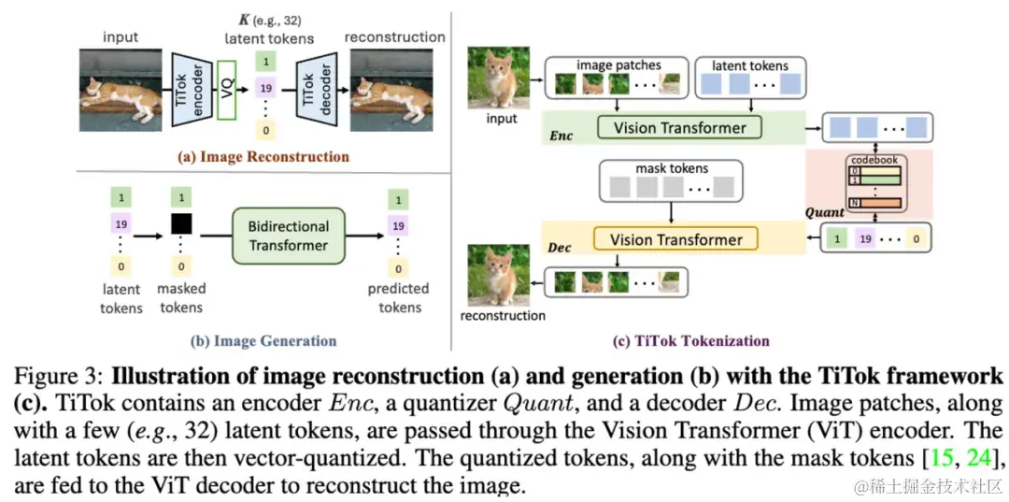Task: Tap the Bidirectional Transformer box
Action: point(288,236)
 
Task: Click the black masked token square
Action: point(181,224)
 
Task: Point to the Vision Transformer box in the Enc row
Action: point(678,128)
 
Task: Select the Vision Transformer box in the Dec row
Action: point(677,240)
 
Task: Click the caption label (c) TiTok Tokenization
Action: point(690,341)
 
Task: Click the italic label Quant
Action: point(825,212)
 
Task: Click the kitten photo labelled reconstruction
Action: point(501,273)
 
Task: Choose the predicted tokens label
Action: point(398,298)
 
